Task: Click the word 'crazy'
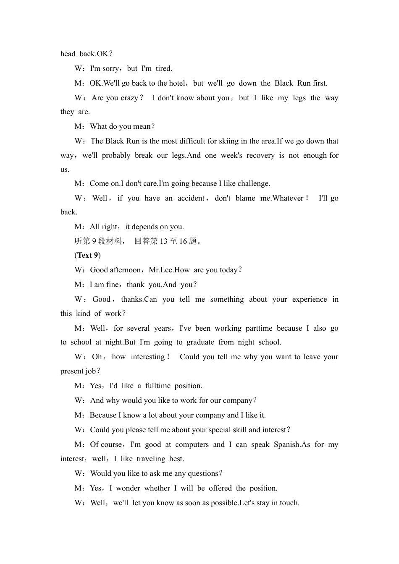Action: [129, 98]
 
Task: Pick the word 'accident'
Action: [191, 198]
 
